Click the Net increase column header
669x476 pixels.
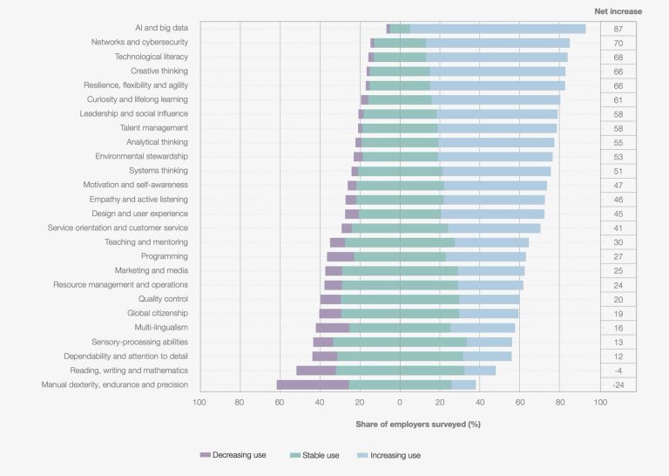pyautogui.click(x=618, y=11)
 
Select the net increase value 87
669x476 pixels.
pyautogui.click(x=618, y=29)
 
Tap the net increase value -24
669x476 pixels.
pyautogui.click(x=618, y=384)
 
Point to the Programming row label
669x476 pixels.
pyautogui.click(x=164, y=256)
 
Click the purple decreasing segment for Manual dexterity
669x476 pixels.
pyautogui.click(x=313, y=384)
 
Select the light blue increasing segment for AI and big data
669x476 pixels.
pyautogui.click(x=497, y=29)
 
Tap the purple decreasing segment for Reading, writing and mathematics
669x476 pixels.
pyautogui.click(x=316, y=371)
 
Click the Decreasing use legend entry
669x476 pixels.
pyautogui.click(x=233, y=454)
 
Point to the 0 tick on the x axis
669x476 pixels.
pyautogui.click(x=399, y=403)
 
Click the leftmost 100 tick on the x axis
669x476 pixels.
pyautogui.click(x=199, y=403)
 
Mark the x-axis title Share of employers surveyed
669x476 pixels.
pyautogui.click(x=417, y=424)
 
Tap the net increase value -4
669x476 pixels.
pyautogui.click(x=618, y=371)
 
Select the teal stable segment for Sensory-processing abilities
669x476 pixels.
pyautogui.click(x=400, y=342)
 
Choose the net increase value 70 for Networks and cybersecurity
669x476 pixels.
pyautogui.click(x=618, y=43)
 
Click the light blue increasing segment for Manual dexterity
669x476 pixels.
pyautogui.click(x=463, y=384)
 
